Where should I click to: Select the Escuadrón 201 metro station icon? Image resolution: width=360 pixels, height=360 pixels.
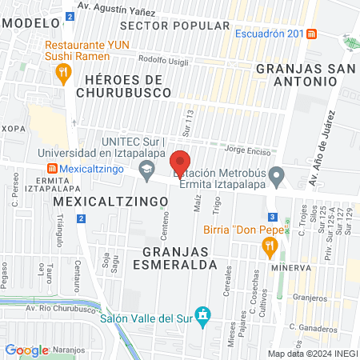312,34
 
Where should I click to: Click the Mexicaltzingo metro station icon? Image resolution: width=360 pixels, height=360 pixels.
52,170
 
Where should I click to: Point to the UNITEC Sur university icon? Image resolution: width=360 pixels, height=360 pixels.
146,169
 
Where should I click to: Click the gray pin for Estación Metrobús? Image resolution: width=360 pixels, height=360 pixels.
276,174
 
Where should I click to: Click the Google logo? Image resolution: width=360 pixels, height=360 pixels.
26,350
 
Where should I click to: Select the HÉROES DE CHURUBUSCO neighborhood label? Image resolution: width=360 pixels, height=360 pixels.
123,86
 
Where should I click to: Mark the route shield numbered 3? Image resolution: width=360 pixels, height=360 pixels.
273,217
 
